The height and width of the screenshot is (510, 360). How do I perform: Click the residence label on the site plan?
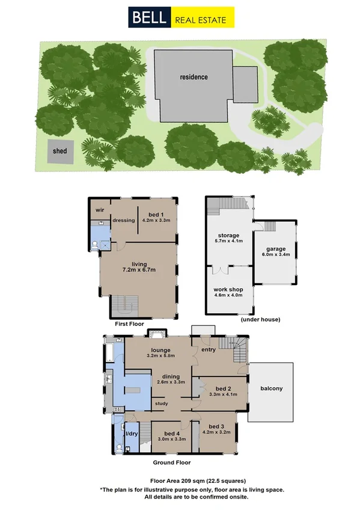pyautogui.click(x=194, y=77)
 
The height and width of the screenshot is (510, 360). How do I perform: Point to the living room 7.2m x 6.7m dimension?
pyautogui.click(x=139, y=269)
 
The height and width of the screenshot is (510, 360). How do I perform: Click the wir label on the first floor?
pyautogui.click(x=100, y=210)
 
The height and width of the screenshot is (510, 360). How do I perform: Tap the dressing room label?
pyautogui.click(x=123, y=220)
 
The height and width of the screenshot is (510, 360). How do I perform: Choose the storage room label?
pyautogui.click(x=228, y=235)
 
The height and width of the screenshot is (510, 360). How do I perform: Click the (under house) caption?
pyautogui.click(x=260, y=319)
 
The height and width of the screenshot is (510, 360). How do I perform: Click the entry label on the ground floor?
pyautogui.click(x=208, y=349)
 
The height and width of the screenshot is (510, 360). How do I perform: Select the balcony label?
pyautogui.click(x=271, y=389)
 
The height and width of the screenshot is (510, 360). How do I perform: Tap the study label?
pyautogui.click(x=160, y=404)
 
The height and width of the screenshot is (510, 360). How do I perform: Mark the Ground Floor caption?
pyautogui.click(x=172, y=462)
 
